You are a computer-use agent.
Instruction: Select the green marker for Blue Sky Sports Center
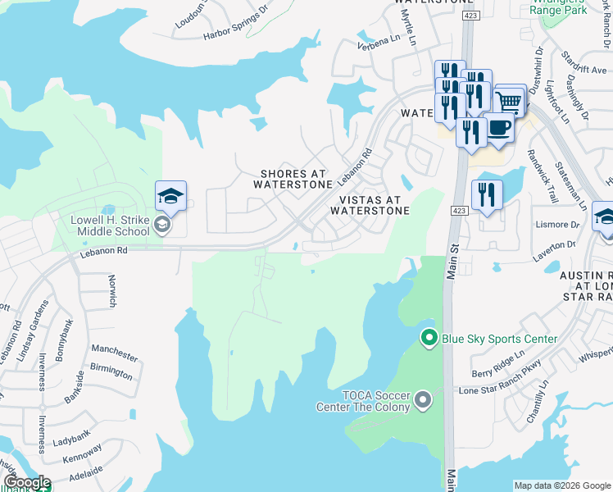pos(428,338)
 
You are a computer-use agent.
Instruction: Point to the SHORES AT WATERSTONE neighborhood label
pos(293,179)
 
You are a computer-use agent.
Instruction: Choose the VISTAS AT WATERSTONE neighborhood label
pos(369,205)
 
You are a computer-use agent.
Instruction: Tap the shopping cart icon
pos(509,102)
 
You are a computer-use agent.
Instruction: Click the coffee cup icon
pos(498,128)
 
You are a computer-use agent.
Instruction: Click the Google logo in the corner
pos(27,482)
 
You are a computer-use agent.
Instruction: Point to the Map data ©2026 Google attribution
pos(562,485)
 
